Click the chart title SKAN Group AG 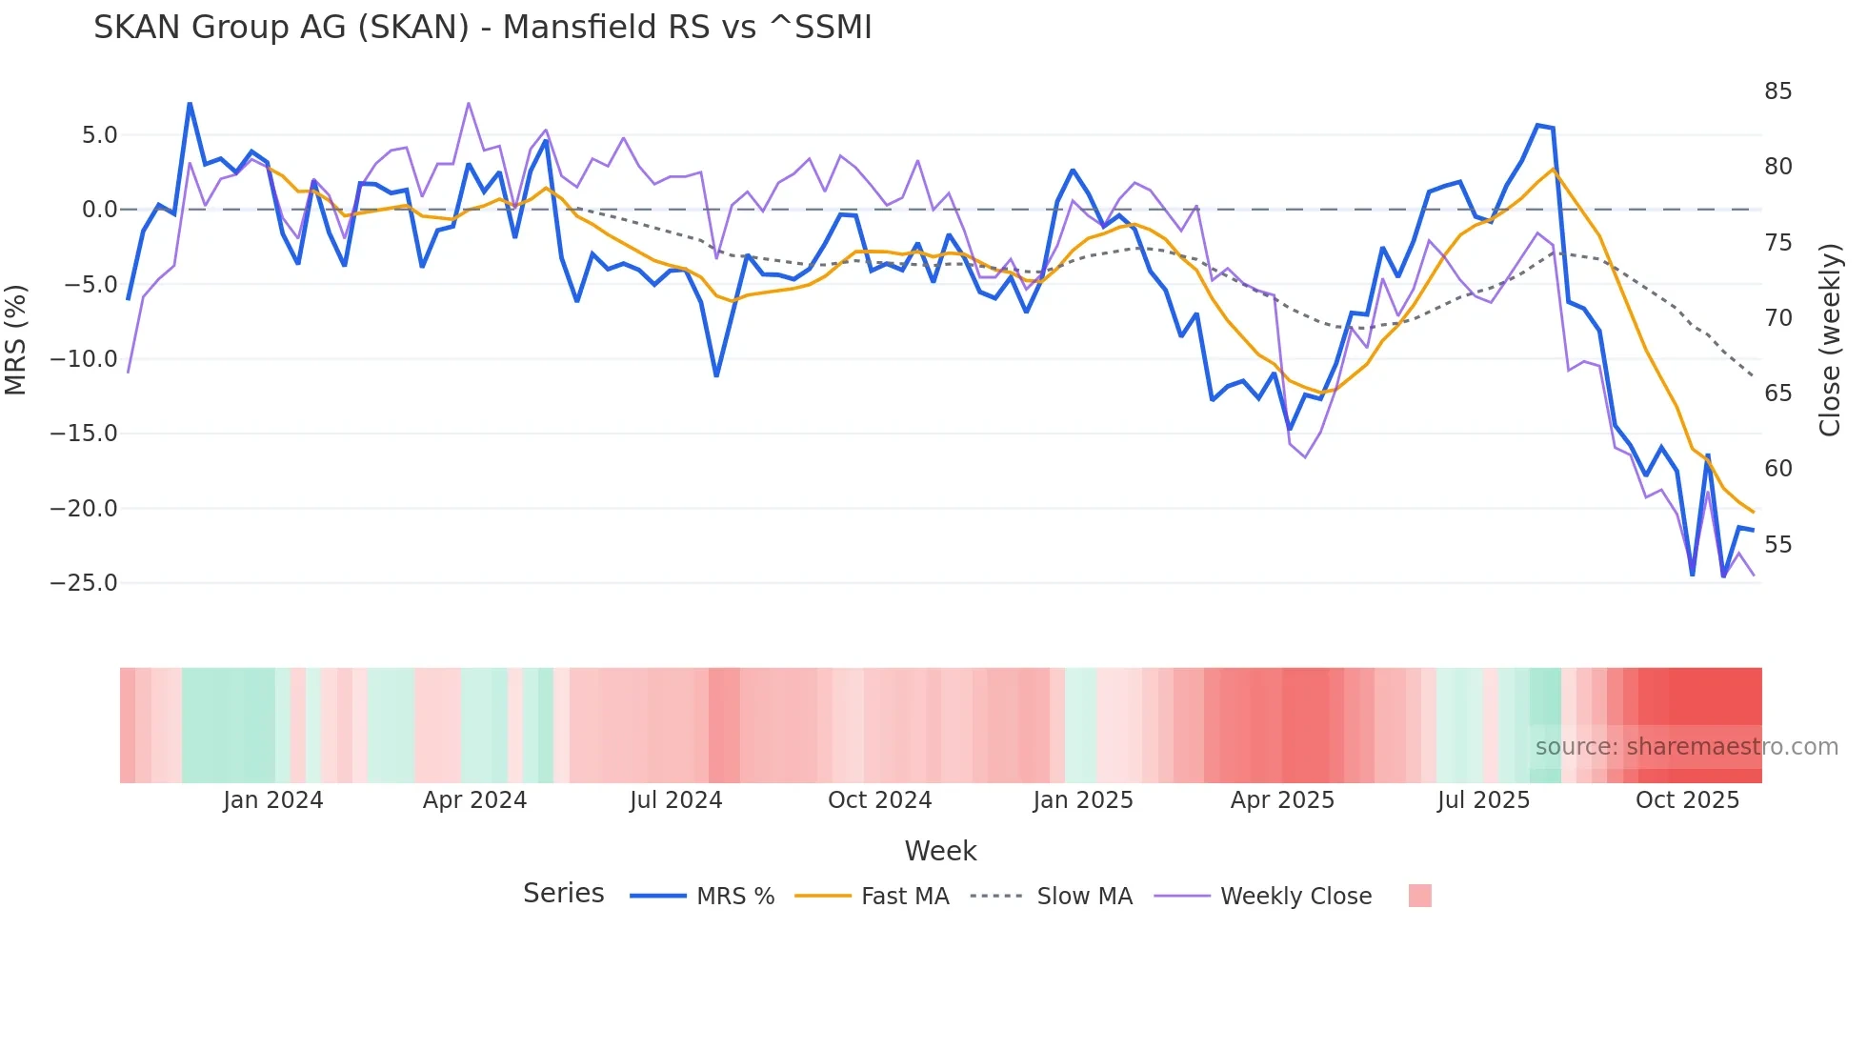point(482,28)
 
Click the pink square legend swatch point(1419,896)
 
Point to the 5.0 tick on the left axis point(100,135)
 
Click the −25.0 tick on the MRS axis point(84,583)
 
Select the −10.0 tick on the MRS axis point(84,359)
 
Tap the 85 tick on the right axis point(1777,91)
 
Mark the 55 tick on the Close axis point(1777,545)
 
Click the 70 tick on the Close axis point(1777,318)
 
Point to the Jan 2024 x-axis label point(273,800)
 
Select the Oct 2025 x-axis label point(1687,800)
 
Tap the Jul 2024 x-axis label point(676,800)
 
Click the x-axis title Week point(940,851)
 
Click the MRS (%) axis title point(16,339)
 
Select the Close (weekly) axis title point(1830,340)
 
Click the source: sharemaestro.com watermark point(1686,747)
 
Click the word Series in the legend point(563,894)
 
